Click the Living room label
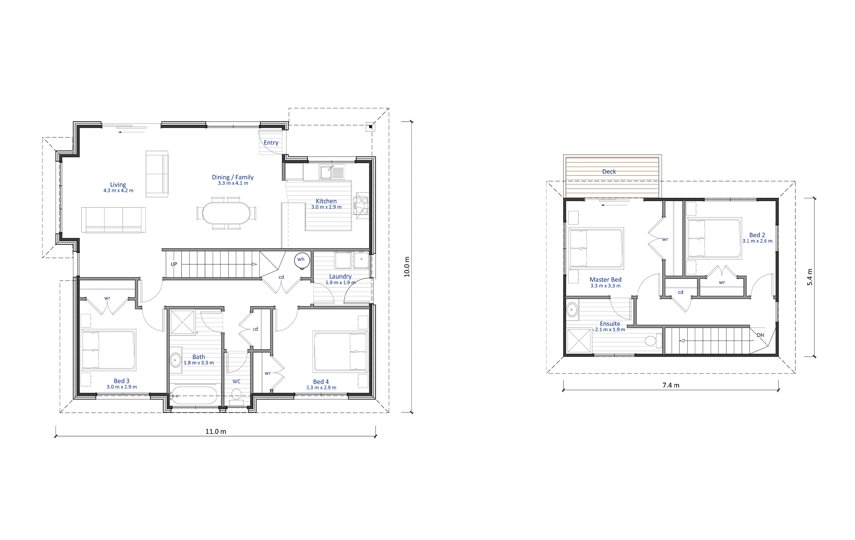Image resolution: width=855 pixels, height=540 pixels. tap(118, 184)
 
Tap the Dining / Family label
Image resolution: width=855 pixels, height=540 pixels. tap(233, 177)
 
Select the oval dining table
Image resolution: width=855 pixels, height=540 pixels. tap(226, 213)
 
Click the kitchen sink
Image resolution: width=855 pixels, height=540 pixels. tap(326, 172)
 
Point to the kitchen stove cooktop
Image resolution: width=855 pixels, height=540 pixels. tap(361, 205)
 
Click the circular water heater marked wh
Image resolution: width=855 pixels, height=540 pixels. tap(301, 260)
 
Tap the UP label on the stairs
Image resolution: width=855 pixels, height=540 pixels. tap(174, 264)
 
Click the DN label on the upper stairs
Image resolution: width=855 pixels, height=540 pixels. tap(760, 335)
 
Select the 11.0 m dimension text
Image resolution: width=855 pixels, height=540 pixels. tap(216, 432)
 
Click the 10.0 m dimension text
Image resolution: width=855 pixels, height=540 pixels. tap(407, 267)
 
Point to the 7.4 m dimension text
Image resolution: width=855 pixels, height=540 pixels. tap(671, 385)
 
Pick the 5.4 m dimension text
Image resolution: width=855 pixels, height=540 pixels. tap(810, 277)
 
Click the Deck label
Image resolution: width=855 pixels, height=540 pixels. tap(609, 172)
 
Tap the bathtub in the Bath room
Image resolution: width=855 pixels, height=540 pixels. tap(194, 395)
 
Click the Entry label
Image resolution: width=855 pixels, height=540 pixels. tap(271, 143)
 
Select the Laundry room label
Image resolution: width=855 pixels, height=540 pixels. tap(340, 276)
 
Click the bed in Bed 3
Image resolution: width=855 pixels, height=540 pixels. tap(108, 350)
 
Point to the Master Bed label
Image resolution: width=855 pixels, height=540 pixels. tap(605, 280)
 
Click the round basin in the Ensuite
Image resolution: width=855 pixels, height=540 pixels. tap(572, 310)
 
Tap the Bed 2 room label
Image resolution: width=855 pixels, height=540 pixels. tap(757, 235)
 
